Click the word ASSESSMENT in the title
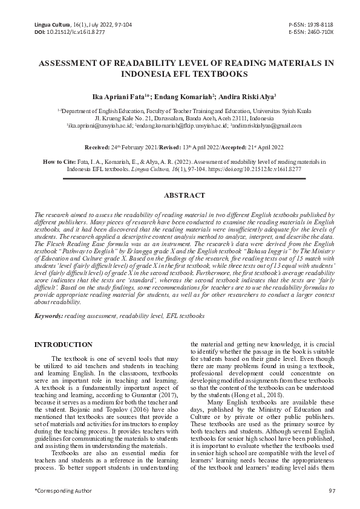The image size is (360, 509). tap(68, 63)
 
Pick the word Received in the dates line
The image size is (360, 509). tap(97, 147)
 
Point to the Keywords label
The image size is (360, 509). tap(48, 316)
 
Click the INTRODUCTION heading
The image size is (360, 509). tap(64, 345)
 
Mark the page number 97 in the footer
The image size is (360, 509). tap(332, 490)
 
